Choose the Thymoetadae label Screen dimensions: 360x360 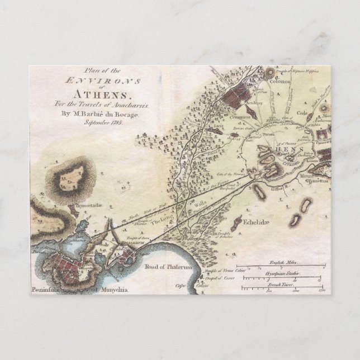[x=85, y=206]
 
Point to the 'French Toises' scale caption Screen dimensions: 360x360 [x=284, y=283]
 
